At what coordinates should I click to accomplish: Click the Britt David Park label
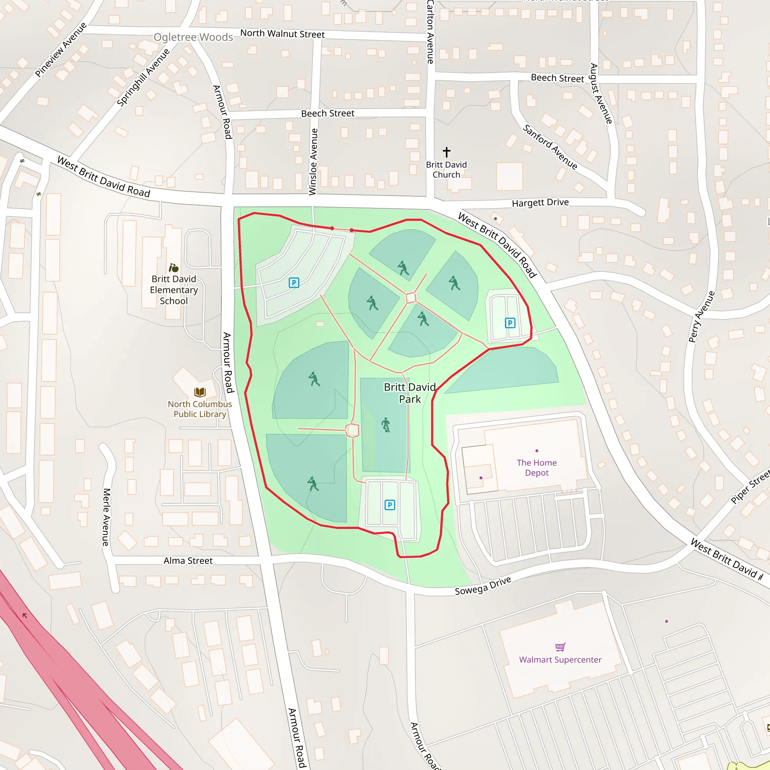(410, 393)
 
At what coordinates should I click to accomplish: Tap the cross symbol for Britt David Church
(446, 152)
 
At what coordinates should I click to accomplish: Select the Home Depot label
(537, 467)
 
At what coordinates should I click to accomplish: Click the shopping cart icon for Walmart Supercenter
(560, 646)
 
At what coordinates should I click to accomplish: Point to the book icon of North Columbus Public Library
(200, 392)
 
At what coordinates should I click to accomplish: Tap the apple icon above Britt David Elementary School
(173, 267)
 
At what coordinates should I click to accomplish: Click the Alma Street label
(188, 561)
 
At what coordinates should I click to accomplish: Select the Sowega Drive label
(483, 586)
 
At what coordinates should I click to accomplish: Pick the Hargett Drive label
(540, 203)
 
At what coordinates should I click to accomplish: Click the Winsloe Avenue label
(313, 161)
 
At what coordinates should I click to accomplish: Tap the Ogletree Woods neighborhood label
(193, 37)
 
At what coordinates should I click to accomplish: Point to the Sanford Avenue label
(550, 147)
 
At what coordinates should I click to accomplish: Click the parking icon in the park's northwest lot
(294, 283)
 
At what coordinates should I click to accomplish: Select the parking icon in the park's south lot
(390, 505)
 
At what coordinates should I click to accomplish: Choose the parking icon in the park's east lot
(510, 323)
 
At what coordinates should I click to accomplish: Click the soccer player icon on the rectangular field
(385, 424)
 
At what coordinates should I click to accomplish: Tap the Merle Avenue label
(106, 517)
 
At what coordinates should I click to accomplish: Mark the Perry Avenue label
(702, 317)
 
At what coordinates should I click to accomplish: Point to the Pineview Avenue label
(61, 50)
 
